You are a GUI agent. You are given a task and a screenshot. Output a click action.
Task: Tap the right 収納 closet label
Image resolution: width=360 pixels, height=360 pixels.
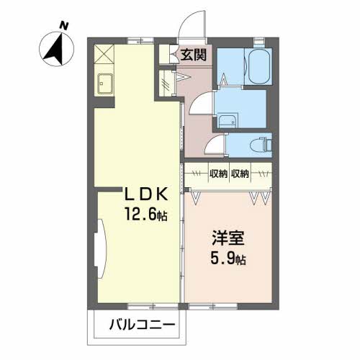(241, 174)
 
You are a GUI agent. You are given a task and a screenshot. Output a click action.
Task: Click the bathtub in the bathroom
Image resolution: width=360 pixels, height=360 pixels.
(258, 67)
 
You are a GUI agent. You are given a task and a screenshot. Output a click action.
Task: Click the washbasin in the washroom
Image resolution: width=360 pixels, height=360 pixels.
(229, 121)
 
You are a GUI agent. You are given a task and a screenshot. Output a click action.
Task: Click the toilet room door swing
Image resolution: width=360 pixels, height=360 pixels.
(214, 145)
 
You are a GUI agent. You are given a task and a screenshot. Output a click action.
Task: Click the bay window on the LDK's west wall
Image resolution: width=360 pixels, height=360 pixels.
(99, 248)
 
